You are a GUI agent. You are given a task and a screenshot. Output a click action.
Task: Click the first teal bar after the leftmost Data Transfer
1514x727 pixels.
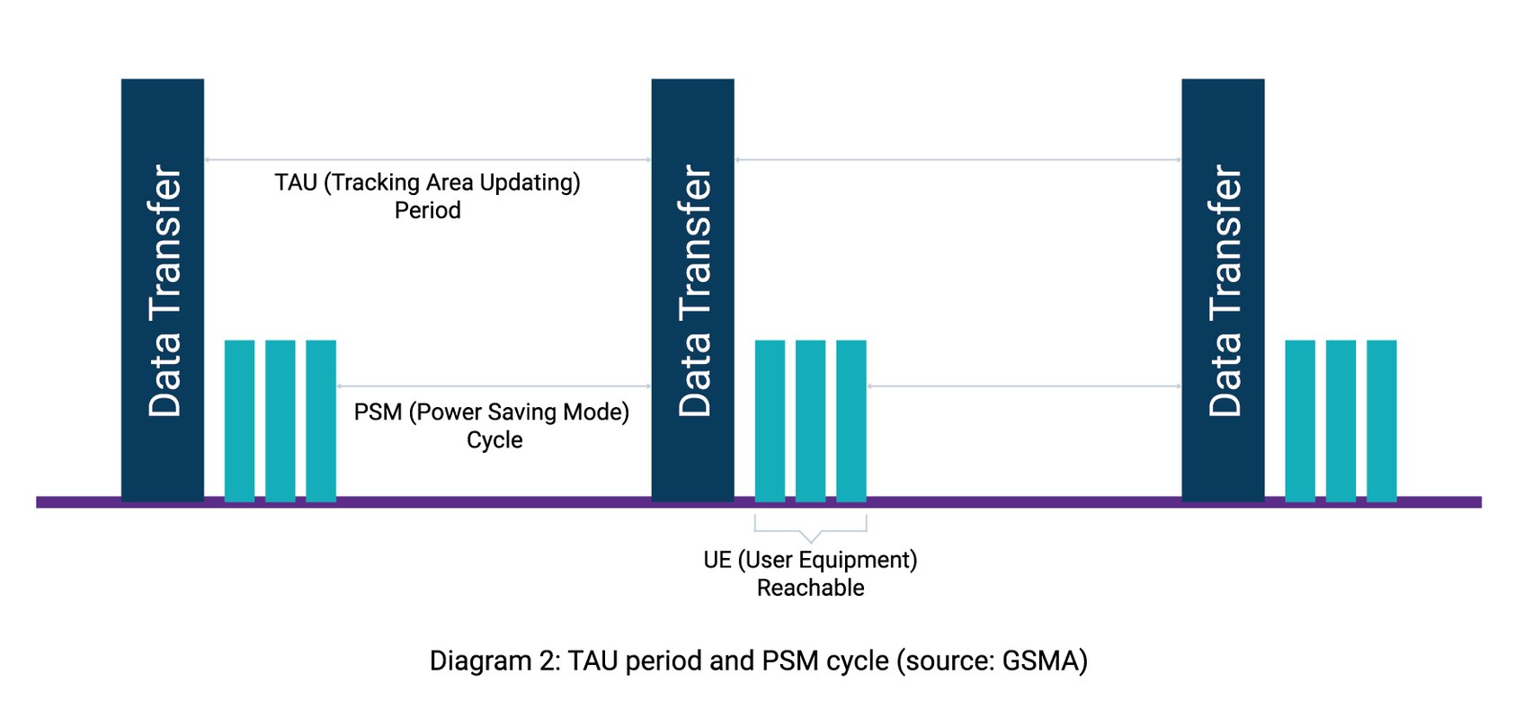(x=239, y=420)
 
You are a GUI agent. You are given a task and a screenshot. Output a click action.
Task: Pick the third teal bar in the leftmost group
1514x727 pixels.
(x=321, y=420)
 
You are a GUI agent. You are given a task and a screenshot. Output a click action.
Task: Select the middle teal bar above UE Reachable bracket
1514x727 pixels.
(x=810, y=420)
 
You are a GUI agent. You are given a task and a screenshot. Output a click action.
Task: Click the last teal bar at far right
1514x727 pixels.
(x=1382, y=420)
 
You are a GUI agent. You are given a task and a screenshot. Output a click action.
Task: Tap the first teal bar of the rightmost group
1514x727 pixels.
(x=1300, y=420)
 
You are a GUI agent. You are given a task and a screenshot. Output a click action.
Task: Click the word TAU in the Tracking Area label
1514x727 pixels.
(x=296, y=182)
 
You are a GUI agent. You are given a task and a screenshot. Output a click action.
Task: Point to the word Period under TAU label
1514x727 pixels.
(x=427, y=210)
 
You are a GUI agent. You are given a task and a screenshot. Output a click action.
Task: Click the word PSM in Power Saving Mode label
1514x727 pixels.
(x=378, y=412)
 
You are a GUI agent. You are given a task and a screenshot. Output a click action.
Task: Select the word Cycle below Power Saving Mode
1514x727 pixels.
(x=494, y=440)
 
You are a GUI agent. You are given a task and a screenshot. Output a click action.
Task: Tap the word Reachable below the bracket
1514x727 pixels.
(x=810, y=588)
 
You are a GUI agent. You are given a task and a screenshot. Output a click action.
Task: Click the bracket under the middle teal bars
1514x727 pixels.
(x=810, y=529)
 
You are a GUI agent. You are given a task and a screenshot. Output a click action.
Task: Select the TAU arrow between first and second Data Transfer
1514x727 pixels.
(x=427, y=160)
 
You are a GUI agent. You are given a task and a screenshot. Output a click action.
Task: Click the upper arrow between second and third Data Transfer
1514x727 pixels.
(x=957, y=160)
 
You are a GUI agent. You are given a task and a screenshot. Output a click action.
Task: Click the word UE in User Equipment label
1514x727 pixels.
(x=717, y=560)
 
